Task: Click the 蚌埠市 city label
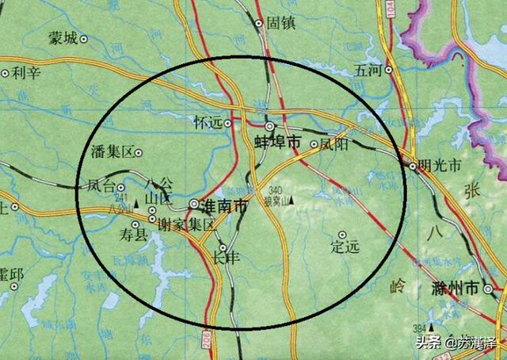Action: pyautogui.click(x=277, y=143)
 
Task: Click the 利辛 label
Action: pyautogui.click(x=25, y=73)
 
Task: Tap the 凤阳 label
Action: pyautogui.click(x=334, y=145)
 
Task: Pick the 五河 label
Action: pyautogui.click(x=369, y=70)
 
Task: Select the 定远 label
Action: pyautogui.click(x=345, y=247)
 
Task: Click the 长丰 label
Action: pyautogui.click(x=226, y=258)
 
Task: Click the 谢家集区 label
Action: pyautogui.click(x=186, y=225)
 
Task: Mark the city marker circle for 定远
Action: pyautogui.click(x=342, y=234)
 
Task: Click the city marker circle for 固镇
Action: pyautogui.click(x=259, y=24)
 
